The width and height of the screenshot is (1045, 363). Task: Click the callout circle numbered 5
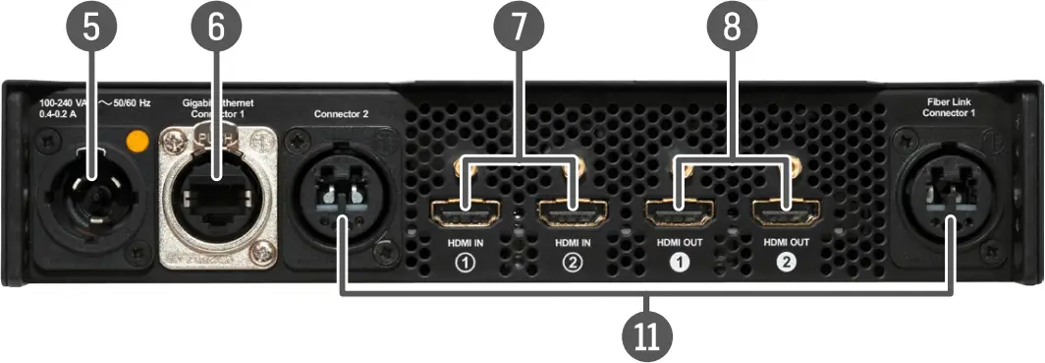click(x=91, y=28)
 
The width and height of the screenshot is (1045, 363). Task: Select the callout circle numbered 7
click(x=519, y=28)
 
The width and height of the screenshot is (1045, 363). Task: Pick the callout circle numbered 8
click(x=733, y=28)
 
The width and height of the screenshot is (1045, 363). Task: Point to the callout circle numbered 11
click(x=645, y=334)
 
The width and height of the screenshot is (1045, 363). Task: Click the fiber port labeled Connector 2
click(x=341, y=191)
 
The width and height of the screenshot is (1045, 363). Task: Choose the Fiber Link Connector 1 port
click(x=950, y=193)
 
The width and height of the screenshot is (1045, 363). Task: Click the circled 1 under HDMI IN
click(x=465, y=263)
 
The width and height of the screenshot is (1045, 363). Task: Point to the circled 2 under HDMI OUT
click(x=786, y=263)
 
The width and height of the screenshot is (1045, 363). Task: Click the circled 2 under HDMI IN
click(x=573, y=263)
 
